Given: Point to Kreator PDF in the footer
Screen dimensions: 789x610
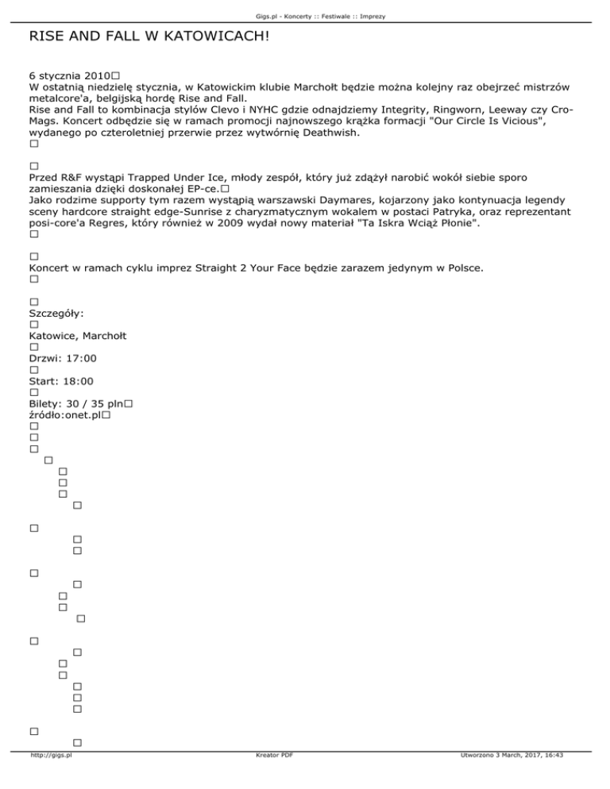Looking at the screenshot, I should pyautogui.click(x=271, y=779).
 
